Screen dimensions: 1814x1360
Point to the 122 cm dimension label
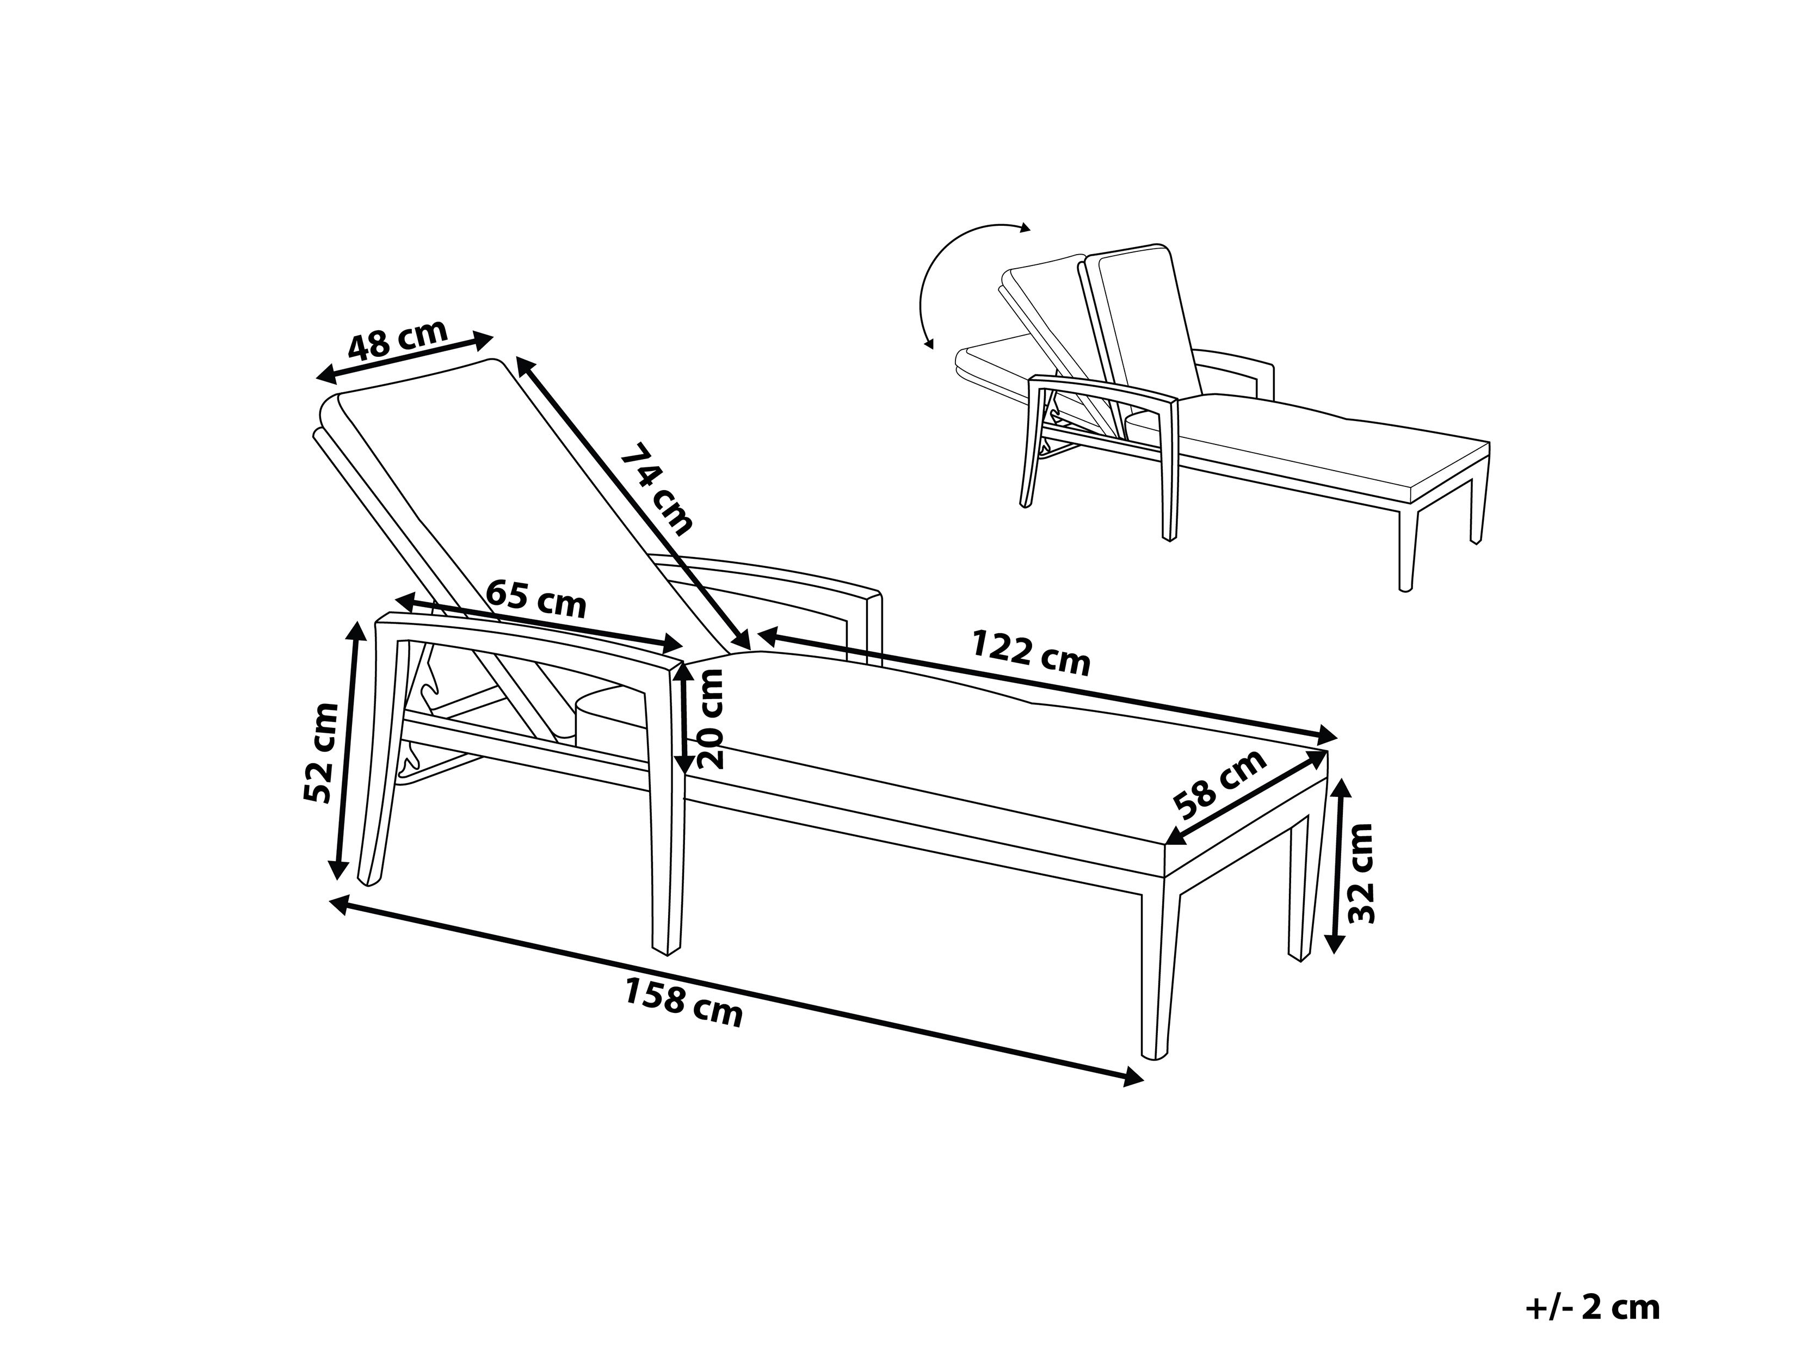coord(1031,652)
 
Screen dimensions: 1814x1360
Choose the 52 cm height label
coord(320,752)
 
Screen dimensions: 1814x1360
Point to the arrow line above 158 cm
coord(736,992)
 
